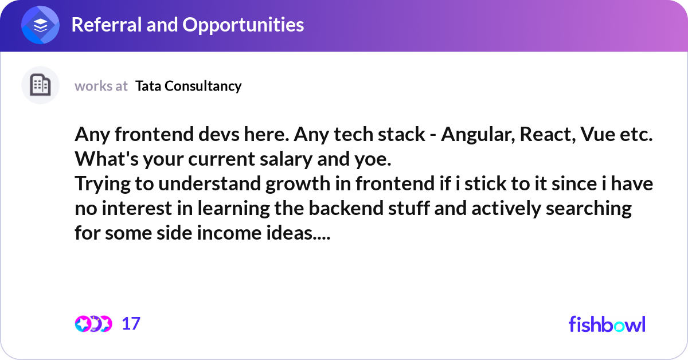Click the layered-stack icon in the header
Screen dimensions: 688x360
[40, 25]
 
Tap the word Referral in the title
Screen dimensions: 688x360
[107, 25]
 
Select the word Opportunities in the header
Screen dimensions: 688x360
[243, 25]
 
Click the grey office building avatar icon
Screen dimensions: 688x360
[40, 85]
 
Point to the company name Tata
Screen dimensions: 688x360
[148, 86]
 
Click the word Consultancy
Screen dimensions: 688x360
[203, 87]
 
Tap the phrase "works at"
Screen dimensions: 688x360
[101, 86]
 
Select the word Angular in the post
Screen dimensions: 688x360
[478, 135]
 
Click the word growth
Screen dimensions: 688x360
[298, 184]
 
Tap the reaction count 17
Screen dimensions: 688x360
[131, 324]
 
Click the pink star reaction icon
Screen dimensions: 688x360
[83, 324]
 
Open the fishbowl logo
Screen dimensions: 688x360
[607, 324]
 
